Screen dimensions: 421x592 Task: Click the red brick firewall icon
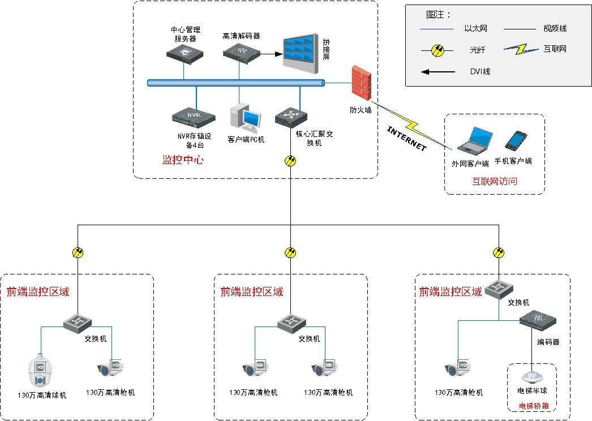point(361,81)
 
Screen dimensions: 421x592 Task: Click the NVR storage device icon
point(194,117)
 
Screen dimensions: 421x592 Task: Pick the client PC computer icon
point(246,118)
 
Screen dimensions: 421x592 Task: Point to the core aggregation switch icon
point(291,117)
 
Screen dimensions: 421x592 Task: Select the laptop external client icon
point(474,140)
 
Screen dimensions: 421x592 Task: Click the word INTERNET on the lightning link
point(406,138)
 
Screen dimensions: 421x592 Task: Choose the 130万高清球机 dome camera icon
point(40,371)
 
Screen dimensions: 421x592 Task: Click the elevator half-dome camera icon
point(532,376)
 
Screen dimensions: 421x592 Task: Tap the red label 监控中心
point(183,160)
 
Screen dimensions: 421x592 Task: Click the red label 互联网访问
point(495,182)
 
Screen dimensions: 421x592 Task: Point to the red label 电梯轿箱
point(534,406)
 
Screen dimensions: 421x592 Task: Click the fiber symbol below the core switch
point(290,161)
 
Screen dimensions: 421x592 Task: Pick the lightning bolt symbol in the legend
point(521,49)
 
